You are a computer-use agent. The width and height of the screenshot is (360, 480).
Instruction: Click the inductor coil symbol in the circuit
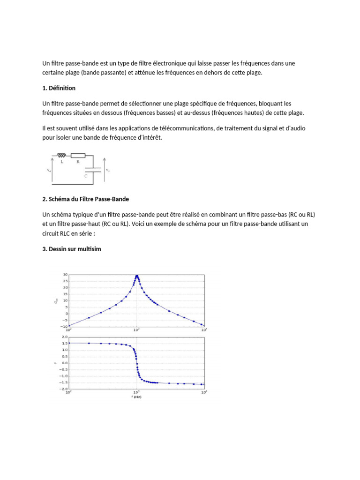coord(61,155)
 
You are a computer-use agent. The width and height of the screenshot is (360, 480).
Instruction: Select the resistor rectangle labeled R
coord(78,155)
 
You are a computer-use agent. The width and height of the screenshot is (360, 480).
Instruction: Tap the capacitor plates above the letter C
coord(93,169)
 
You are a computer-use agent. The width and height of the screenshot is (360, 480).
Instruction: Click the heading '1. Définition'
coord(59,88)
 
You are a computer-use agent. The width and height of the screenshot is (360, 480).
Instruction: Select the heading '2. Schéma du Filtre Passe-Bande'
coord(85,199)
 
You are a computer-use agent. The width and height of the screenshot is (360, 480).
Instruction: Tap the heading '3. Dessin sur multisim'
coord(71,249)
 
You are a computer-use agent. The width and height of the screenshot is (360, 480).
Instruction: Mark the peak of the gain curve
coord(136,276)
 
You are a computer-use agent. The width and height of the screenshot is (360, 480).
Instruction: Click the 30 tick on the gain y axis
coord(65,275)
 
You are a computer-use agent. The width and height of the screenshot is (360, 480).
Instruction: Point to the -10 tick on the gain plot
coord(64,326)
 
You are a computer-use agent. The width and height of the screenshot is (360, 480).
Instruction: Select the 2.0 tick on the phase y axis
coord(65,337)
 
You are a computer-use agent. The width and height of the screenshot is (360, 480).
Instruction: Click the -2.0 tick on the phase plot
coord(64,389)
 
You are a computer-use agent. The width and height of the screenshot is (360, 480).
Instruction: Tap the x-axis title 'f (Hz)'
coord(136,397)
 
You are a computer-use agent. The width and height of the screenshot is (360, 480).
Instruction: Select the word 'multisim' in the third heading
coord(90,249)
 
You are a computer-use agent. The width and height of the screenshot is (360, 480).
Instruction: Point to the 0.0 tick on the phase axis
coord(65,363)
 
